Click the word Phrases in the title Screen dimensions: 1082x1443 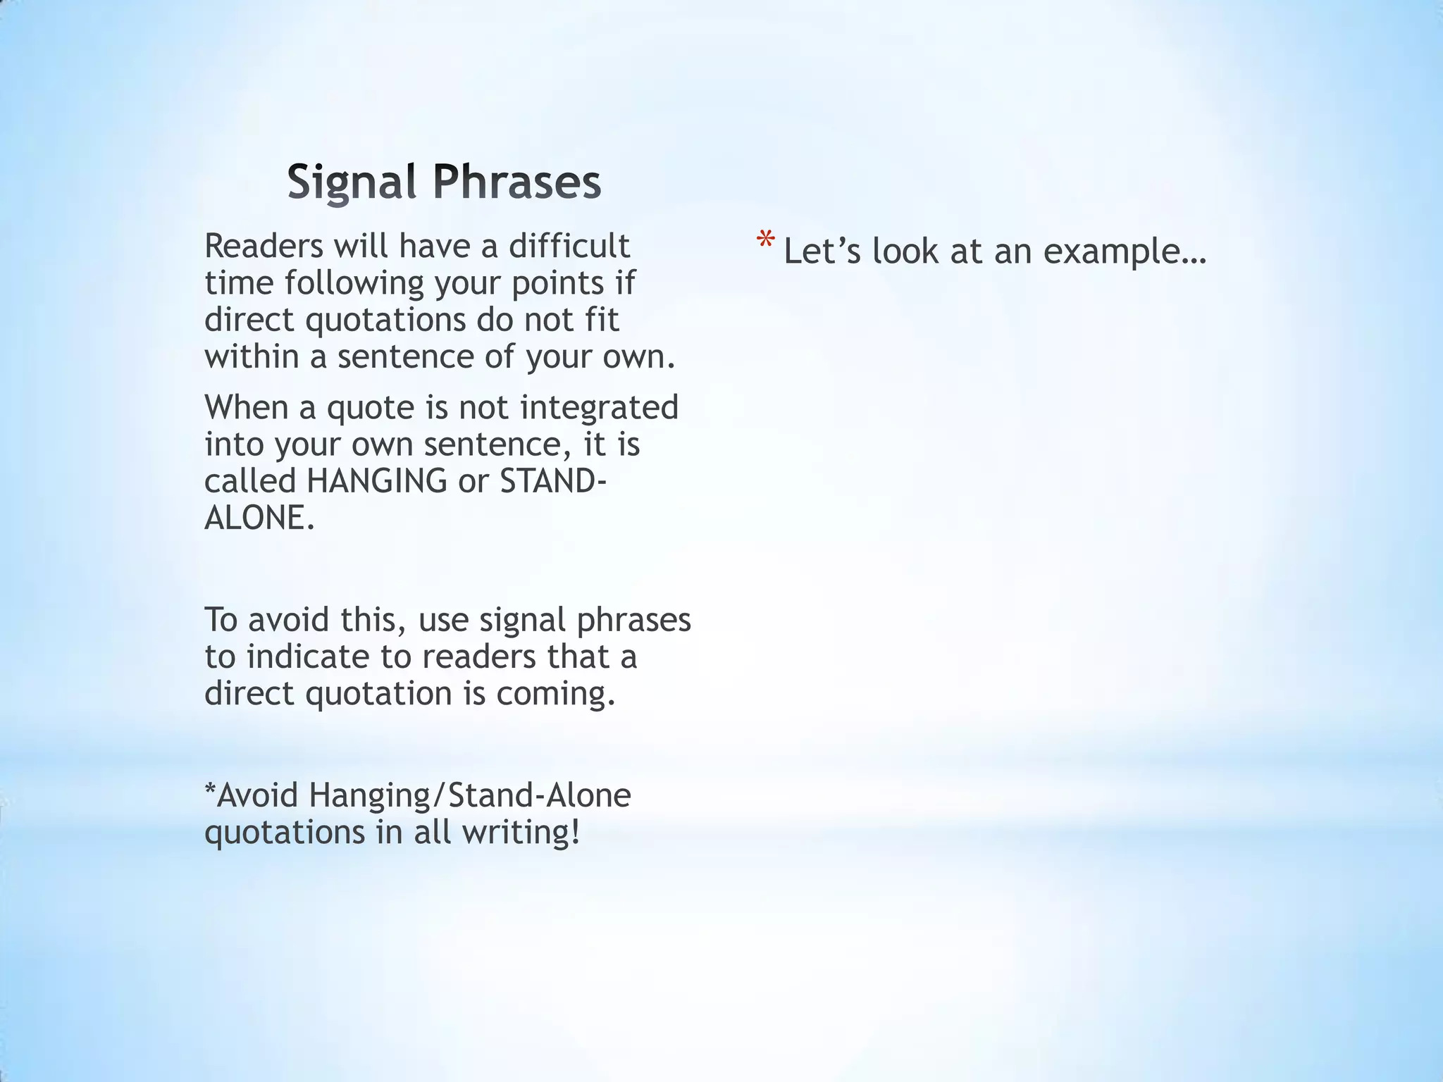coord(516,182)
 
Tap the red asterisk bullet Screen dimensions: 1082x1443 coord(765,242)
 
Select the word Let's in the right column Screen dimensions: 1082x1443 coord(822,251)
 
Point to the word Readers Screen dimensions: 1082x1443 coord(264,246)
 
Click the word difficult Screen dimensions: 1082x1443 coord(569,246)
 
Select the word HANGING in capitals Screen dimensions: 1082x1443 coord(377,481)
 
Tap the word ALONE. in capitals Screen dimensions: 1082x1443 coord(259,518)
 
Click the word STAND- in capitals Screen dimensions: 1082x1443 coord(552,481)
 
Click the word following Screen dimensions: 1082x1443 coord(354,284)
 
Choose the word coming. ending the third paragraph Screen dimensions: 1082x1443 coord(556,693)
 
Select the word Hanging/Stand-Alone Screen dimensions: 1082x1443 coord(469,795)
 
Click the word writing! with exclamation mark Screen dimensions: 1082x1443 coord(521,832)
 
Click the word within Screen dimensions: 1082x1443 coord(252,356)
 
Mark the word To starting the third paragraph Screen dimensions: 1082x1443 coord(221,621)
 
